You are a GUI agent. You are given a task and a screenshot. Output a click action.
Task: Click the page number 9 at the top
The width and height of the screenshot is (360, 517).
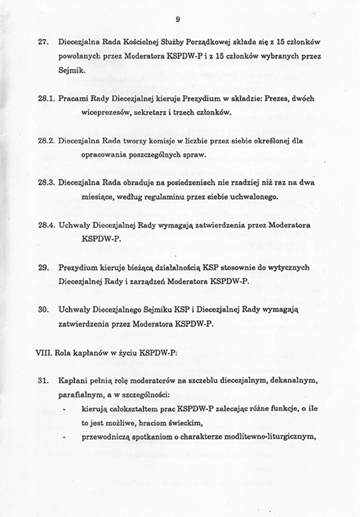click(177, 19)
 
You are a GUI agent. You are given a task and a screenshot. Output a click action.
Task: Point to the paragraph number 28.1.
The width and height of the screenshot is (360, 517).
click(46, 98)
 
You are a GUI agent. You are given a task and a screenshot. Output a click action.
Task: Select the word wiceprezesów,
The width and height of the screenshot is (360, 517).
click(106, 112)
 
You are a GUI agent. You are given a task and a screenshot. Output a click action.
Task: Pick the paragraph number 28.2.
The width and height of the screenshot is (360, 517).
click(46, 140)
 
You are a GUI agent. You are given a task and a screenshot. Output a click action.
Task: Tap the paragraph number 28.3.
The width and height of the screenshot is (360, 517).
click(46, 183)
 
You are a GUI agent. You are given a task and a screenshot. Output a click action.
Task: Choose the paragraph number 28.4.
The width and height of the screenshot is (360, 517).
click(46, 225)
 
